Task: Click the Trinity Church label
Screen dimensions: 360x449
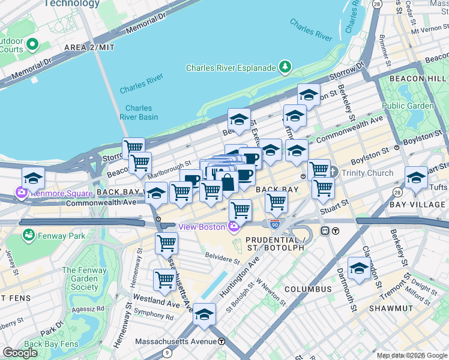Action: point(367,173)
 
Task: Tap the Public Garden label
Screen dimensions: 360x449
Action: point(408,106)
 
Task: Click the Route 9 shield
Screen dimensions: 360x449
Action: point(166,353)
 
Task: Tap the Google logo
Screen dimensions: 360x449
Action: point(20,353)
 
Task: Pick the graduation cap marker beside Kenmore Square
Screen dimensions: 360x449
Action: point(33,178)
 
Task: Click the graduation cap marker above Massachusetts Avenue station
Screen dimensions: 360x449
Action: point(204,314)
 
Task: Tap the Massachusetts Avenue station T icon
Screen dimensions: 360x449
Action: point(221,341)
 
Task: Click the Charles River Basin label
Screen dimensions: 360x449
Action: point(139,113)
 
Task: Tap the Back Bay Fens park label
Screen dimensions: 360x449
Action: point(51,344)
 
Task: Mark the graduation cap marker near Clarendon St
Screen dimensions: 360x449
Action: point(358,268)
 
